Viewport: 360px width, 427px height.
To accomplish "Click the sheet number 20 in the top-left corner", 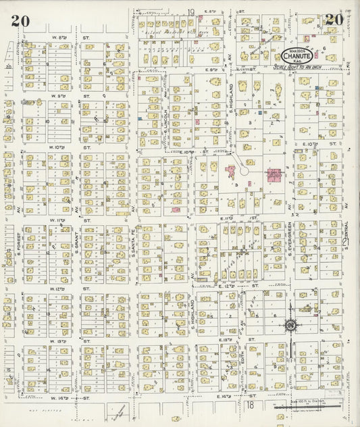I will [x=19, y=20].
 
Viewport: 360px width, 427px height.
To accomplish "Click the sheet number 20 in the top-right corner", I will [x=334, y=20].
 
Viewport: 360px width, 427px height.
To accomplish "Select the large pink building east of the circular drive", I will [x=275, y=174].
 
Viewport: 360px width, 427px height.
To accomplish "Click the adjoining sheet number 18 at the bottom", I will [x=249, y=405].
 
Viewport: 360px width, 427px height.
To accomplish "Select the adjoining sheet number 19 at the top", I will [x=191, y=12].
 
